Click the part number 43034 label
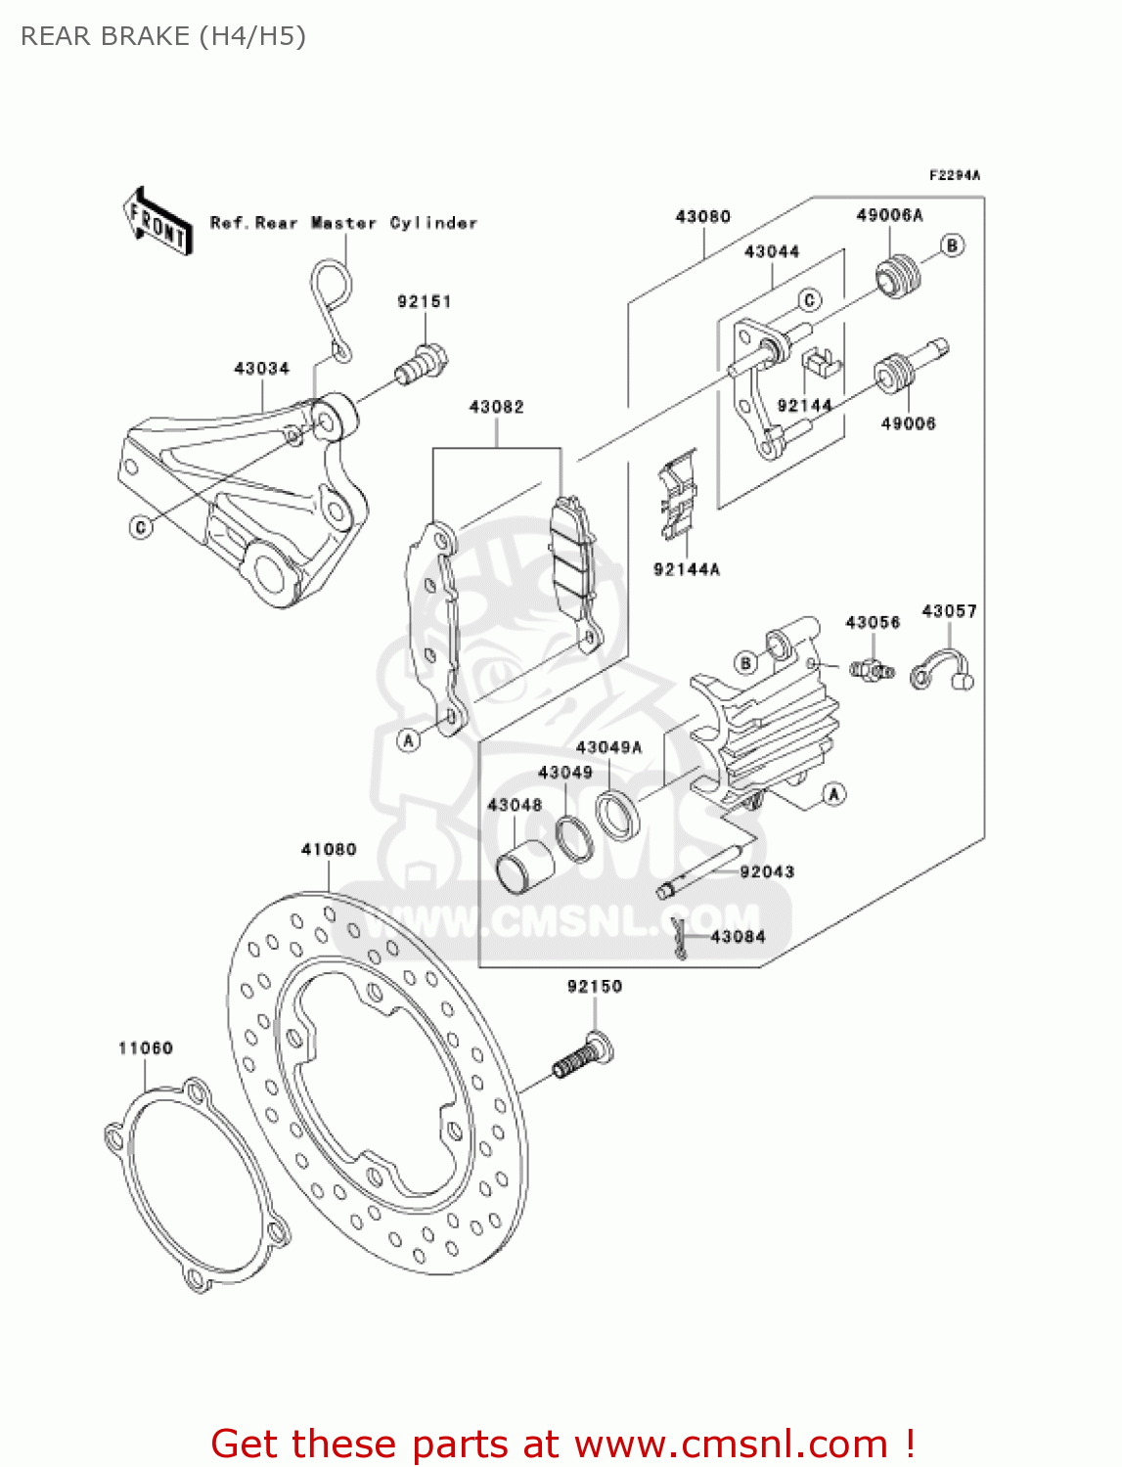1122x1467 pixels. click(x=261, y=369)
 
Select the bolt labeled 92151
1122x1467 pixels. click(x=422, y=364)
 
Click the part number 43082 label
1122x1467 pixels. click(x=496, y=407)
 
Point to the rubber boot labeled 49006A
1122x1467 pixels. click(x=896, y=276)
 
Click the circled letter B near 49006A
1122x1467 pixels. click(x=952, y=245)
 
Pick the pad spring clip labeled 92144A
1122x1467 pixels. click(x=678, y=498)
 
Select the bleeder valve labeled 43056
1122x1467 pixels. click(x=870, y=671)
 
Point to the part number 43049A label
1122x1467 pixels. click(x=608, y=748)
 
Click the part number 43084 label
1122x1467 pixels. click(x=738, y=937)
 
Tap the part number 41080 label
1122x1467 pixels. click(x=329, y=850)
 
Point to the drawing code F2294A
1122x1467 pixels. click(x=954, y=176)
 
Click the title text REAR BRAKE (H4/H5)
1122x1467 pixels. click(x=163, y=36)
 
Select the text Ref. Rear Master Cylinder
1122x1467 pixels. click(x=343, y=223)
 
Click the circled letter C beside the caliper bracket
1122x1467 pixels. click(x=141, y=527)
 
